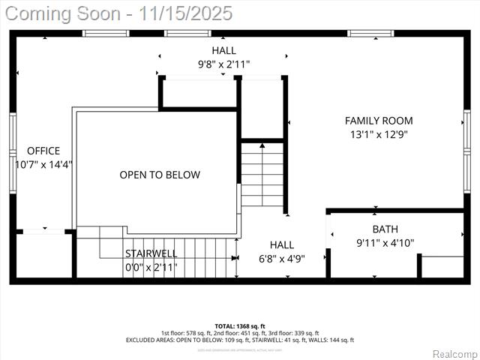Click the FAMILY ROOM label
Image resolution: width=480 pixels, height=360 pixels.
click(379, 121)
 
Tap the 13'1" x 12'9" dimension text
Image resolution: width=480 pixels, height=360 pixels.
click(379, 135)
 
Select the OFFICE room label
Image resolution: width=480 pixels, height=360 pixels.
click(43, 151)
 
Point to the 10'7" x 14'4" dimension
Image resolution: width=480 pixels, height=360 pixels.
click(43, 164)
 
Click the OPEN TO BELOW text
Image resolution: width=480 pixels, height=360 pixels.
click(160, 175)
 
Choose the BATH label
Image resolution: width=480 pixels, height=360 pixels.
click(385, 229)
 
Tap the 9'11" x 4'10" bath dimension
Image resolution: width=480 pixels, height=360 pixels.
click(385, 242)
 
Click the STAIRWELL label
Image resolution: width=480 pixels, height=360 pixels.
click(151, 253)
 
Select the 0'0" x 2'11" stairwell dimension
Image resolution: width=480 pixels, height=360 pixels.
click(151, 266)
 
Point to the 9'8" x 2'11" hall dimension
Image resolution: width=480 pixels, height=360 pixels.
click(223, 64)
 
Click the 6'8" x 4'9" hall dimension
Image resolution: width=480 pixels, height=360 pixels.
click(282, 258)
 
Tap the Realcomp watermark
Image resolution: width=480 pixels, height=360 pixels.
click(453, 353)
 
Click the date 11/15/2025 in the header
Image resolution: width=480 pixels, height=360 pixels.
click(192, 13)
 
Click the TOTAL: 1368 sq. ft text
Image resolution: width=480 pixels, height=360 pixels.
click(240, 326)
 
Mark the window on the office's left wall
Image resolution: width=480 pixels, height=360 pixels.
click(13, 153)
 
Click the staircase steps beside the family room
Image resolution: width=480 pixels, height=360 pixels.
click(262, 174)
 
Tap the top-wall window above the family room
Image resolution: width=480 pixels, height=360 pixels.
click(370, 33)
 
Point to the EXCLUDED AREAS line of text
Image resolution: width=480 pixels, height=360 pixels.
click(240, 340)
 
